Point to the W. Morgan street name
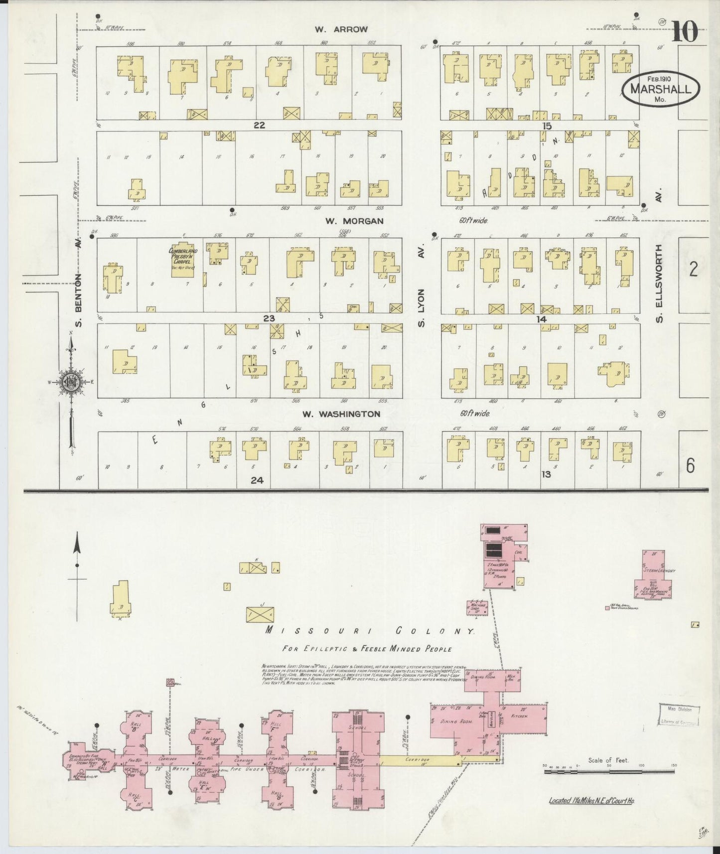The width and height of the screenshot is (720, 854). point(348,221)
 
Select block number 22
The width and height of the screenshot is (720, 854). point(259,125)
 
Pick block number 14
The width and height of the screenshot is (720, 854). point(541,319)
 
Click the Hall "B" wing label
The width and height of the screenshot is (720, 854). point(134,727)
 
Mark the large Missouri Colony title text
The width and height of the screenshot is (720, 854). point(369,631)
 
